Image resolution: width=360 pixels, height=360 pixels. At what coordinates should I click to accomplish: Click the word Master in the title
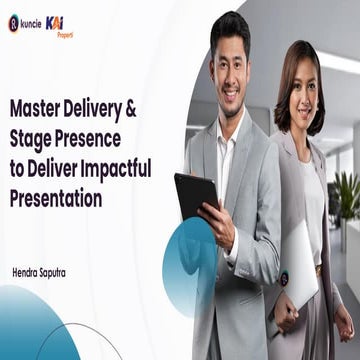click(37, 104)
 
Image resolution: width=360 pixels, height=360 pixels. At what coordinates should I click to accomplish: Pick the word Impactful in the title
click(116, 168)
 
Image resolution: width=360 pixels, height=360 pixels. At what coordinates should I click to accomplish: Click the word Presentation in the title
click(56, 199)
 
